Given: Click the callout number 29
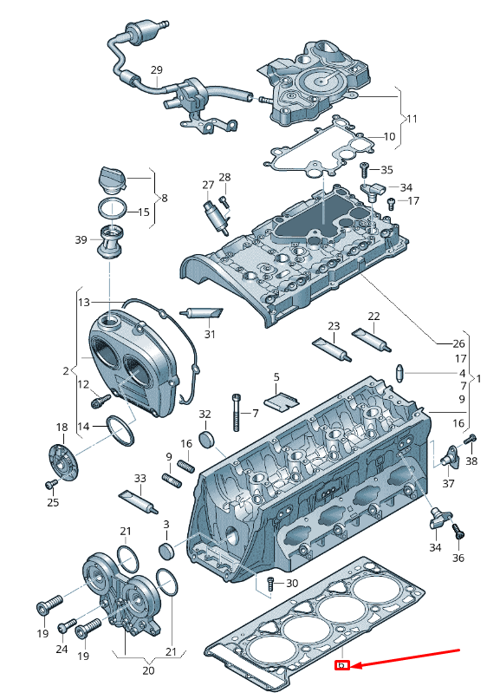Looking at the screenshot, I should click(x=156, y=69).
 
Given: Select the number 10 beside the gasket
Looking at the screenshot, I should click(x=389, y=136).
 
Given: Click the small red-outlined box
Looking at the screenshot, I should click(x=342, y=666).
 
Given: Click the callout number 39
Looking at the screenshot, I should click(x=81, y=239).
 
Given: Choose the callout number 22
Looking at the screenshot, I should click(x=373, y=317).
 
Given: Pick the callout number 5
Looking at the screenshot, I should click(x=276, y=377).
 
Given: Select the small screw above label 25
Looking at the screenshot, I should click(x=51, y=484).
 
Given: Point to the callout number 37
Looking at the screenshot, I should click(x=448, y=483).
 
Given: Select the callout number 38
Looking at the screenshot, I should click(x=471, y=461).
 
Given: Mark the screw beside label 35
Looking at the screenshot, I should click(x=365, y=166).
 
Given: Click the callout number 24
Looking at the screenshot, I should click(x=62, y=648).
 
